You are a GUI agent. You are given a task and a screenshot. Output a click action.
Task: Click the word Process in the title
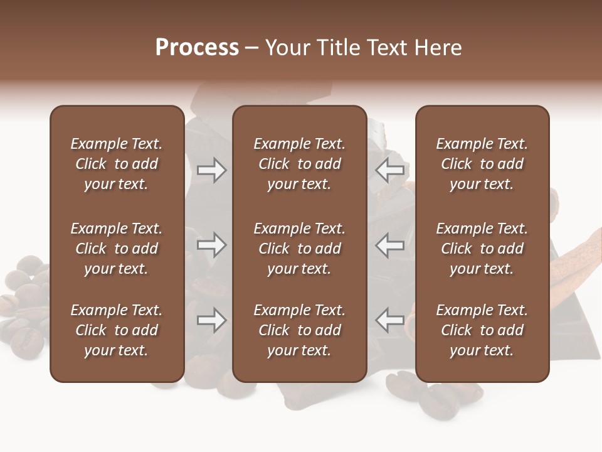coord(197,48)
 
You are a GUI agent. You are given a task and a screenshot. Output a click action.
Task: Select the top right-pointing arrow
coord(212,170)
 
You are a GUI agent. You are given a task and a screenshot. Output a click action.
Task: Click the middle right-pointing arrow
coord(212,245)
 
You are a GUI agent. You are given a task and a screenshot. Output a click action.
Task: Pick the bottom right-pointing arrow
coord(212,320)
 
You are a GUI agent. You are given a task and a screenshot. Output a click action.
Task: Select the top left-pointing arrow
coord(390,170)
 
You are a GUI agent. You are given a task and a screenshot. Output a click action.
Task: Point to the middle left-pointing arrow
coord(390,245)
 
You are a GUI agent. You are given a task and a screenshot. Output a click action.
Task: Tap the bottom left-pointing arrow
coord(390,320)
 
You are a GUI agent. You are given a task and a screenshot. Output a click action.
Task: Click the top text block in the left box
coord(117,164)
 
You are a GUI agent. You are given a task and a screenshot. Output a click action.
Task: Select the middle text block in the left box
coord(117,249)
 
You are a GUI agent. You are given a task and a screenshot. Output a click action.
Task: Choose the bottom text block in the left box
coord(117,330)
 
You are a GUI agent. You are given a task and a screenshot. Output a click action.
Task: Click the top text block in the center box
coord(299,164)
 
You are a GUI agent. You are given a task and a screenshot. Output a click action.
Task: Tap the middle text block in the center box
coord(299,249)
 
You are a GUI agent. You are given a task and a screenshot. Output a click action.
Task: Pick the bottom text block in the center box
coord(299,330)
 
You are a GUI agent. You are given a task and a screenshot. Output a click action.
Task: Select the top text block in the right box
coord(482,164)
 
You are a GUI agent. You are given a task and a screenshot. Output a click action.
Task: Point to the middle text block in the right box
coord(482,249)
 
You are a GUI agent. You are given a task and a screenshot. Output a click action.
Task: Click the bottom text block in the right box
coord(482,330)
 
